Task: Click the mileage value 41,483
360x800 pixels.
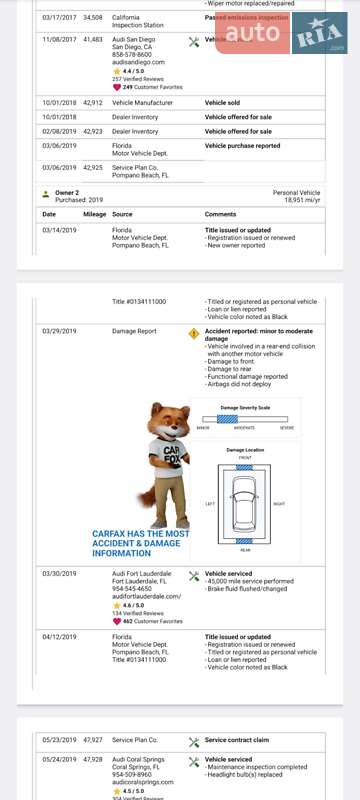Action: pyautogui.click(x=93, y=39)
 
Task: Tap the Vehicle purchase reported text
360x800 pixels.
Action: pyautogui.click(x=242, y=146)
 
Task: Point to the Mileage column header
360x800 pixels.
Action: pyautogui.click(x=95, y=214)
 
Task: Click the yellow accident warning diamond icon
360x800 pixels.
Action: pyautogui.click(x=194, y=333)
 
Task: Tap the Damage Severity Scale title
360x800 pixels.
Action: pyautogui.click(x=245, y=408)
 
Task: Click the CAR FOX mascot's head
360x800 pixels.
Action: pyautogui.click(x=168, y=421)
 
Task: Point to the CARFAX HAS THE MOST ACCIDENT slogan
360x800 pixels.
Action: pyautogui.click(x=140, y=543)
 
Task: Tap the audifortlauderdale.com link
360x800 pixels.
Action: pyautogui.click(x=146, y=596)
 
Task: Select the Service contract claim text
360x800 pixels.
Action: pyautogui.click(x=240, y=740)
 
